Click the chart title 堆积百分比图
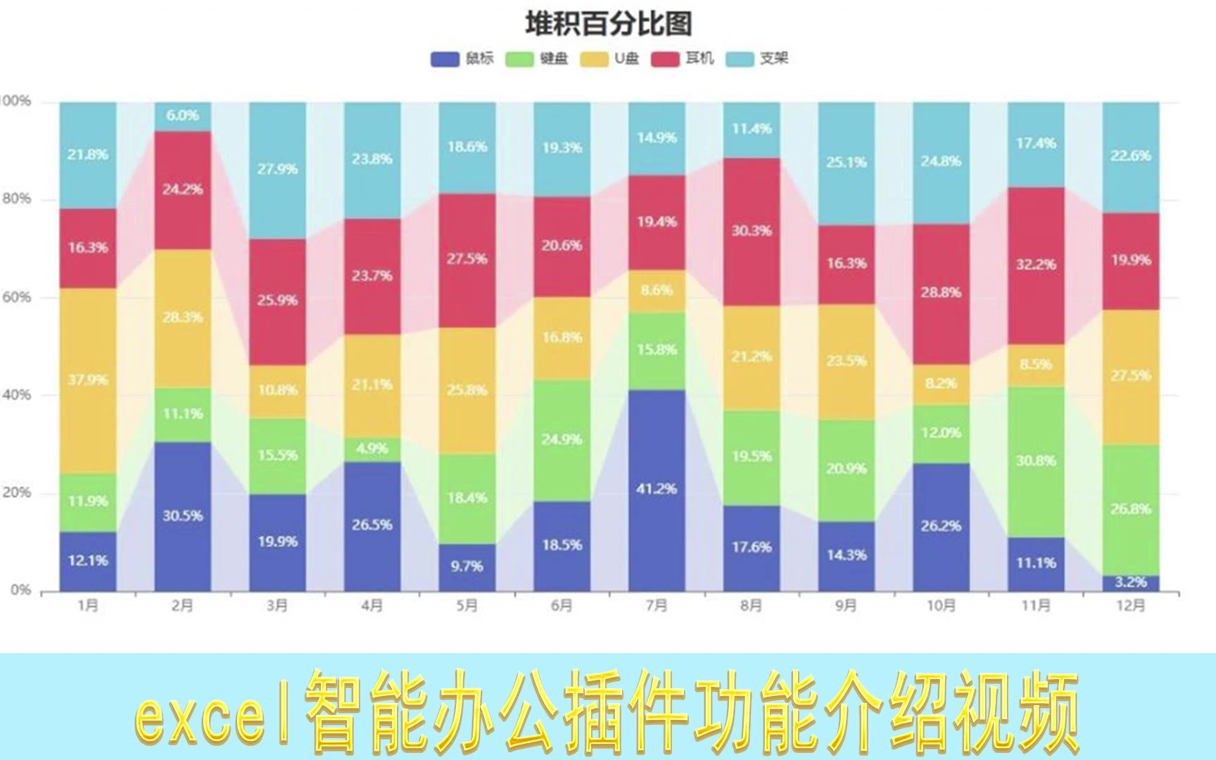pos(609,23)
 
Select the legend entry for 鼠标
pos(462,58)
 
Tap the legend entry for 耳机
pos(682,58)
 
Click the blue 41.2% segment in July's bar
pos(657,489)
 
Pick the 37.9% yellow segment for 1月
pos(88,380)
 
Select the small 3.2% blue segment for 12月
pos(1130,583)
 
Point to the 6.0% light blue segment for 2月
pos(182,116)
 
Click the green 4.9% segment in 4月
pos(372,449)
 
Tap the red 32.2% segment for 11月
pos(1035,265)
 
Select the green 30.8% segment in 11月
pos(1035,461)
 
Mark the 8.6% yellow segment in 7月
pos(657,291)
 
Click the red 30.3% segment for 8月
pos(752,231)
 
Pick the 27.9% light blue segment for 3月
pos(277,170)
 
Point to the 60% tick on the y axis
pos(17,297)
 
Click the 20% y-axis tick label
pos(17,493)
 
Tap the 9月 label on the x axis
pos(846,605)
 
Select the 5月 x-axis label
pos(467,605)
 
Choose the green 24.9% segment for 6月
pos(562,440)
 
